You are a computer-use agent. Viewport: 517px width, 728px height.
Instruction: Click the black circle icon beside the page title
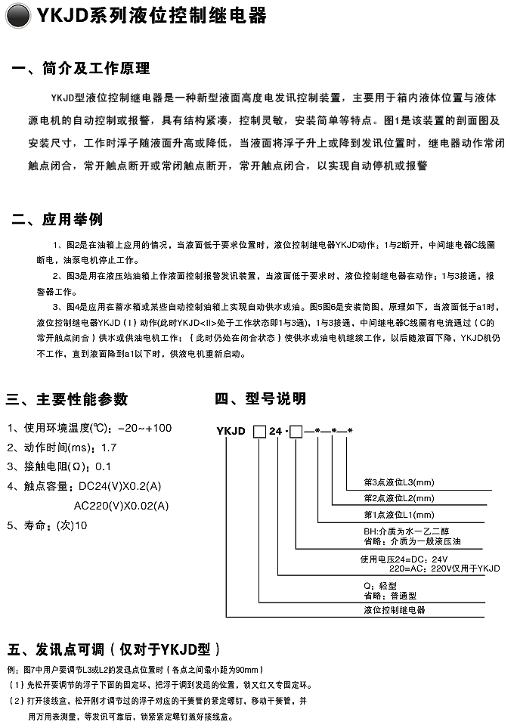pos(17,15)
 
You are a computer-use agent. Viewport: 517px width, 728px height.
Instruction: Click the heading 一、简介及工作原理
pos(81,70)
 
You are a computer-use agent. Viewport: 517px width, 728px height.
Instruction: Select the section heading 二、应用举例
pos(57,220)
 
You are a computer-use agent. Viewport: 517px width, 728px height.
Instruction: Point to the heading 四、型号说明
pos(260,399)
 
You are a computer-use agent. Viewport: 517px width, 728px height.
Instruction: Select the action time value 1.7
pos(109,448)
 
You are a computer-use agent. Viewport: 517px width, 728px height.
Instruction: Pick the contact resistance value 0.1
pos(104,466)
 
